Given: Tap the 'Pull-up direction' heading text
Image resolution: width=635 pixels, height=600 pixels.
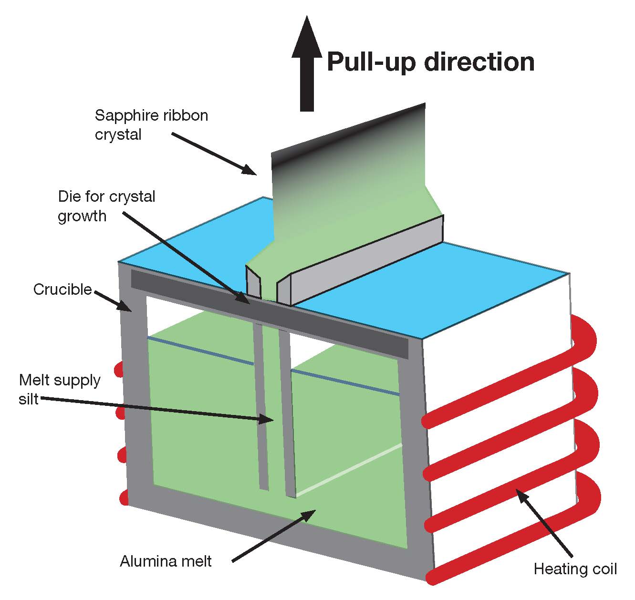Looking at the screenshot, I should (x=430, y=62).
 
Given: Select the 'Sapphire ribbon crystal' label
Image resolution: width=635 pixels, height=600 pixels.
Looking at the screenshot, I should (x=151, y=124).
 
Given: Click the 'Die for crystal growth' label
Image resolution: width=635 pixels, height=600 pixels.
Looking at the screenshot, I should (x=106, y=206).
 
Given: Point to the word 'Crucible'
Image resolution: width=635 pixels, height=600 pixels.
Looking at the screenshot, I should (x=62, y=290).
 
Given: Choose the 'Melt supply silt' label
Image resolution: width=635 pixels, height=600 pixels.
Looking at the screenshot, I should (x=60, y=389).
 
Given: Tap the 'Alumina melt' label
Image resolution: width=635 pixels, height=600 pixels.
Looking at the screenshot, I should (x=166, y=561).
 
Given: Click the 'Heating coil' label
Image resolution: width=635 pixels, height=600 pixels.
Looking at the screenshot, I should (x=575, y=569).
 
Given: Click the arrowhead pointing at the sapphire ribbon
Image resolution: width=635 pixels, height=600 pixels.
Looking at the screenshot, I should (x=249, y=169).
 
